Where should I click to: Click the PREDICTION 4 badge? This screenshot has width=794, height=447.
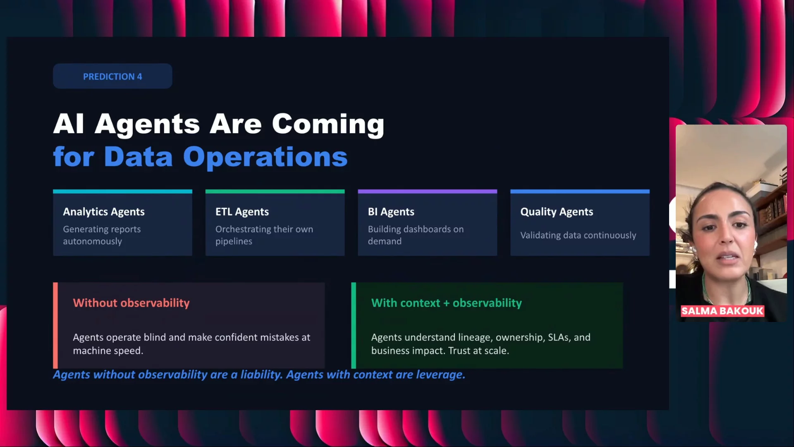(x=112, y=76)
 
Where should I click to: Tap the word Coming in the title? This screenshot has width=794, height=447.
(x=328, y=124)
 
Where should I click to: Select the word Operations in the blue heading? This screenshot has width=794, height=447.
(x=265, y=157)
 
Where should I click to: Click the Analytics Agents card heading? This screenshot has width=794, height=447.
(x=104, y=212)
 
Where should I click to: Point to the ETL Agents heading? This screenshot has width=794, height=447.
(x=242, y=212)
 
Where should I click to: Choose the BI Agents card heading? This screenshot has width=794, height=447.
(x=391, y=212)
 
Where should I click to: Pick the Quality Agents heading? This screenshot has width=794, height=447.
(x=557, y=212)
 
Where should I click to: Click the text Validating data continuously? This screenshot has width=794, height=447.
(x=578, y=235)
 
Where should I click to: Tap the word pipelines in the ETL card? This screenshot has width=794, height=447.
(x=234, y=241)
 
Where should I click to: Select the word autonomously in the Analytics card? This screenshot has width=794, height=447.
(x=92, y=241)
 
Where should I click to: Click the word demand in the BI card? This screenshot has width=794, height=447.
(x=385, y=241)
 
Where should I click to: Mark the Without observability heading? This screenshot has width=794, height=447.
(x=131, y=303)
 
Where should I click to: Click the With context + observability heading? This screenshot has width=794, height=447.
(x=447, y=303)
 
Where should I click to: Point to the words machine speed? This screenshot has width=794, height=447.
(x=108, y=351)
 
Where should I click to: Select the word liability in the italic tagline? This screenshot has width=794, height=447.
(x=261, y=375)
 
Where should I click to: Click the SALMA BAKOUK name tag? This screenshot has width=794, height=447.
(x=722, y=311)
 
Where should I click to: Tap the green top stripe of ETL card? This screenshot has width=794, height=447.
(x=275, y=191)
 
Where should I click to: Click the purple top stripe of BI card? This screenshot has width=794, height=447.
(x=427, y=191)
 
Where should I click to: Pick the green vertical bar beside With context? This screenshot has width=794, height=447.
(x=354, y=325)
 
